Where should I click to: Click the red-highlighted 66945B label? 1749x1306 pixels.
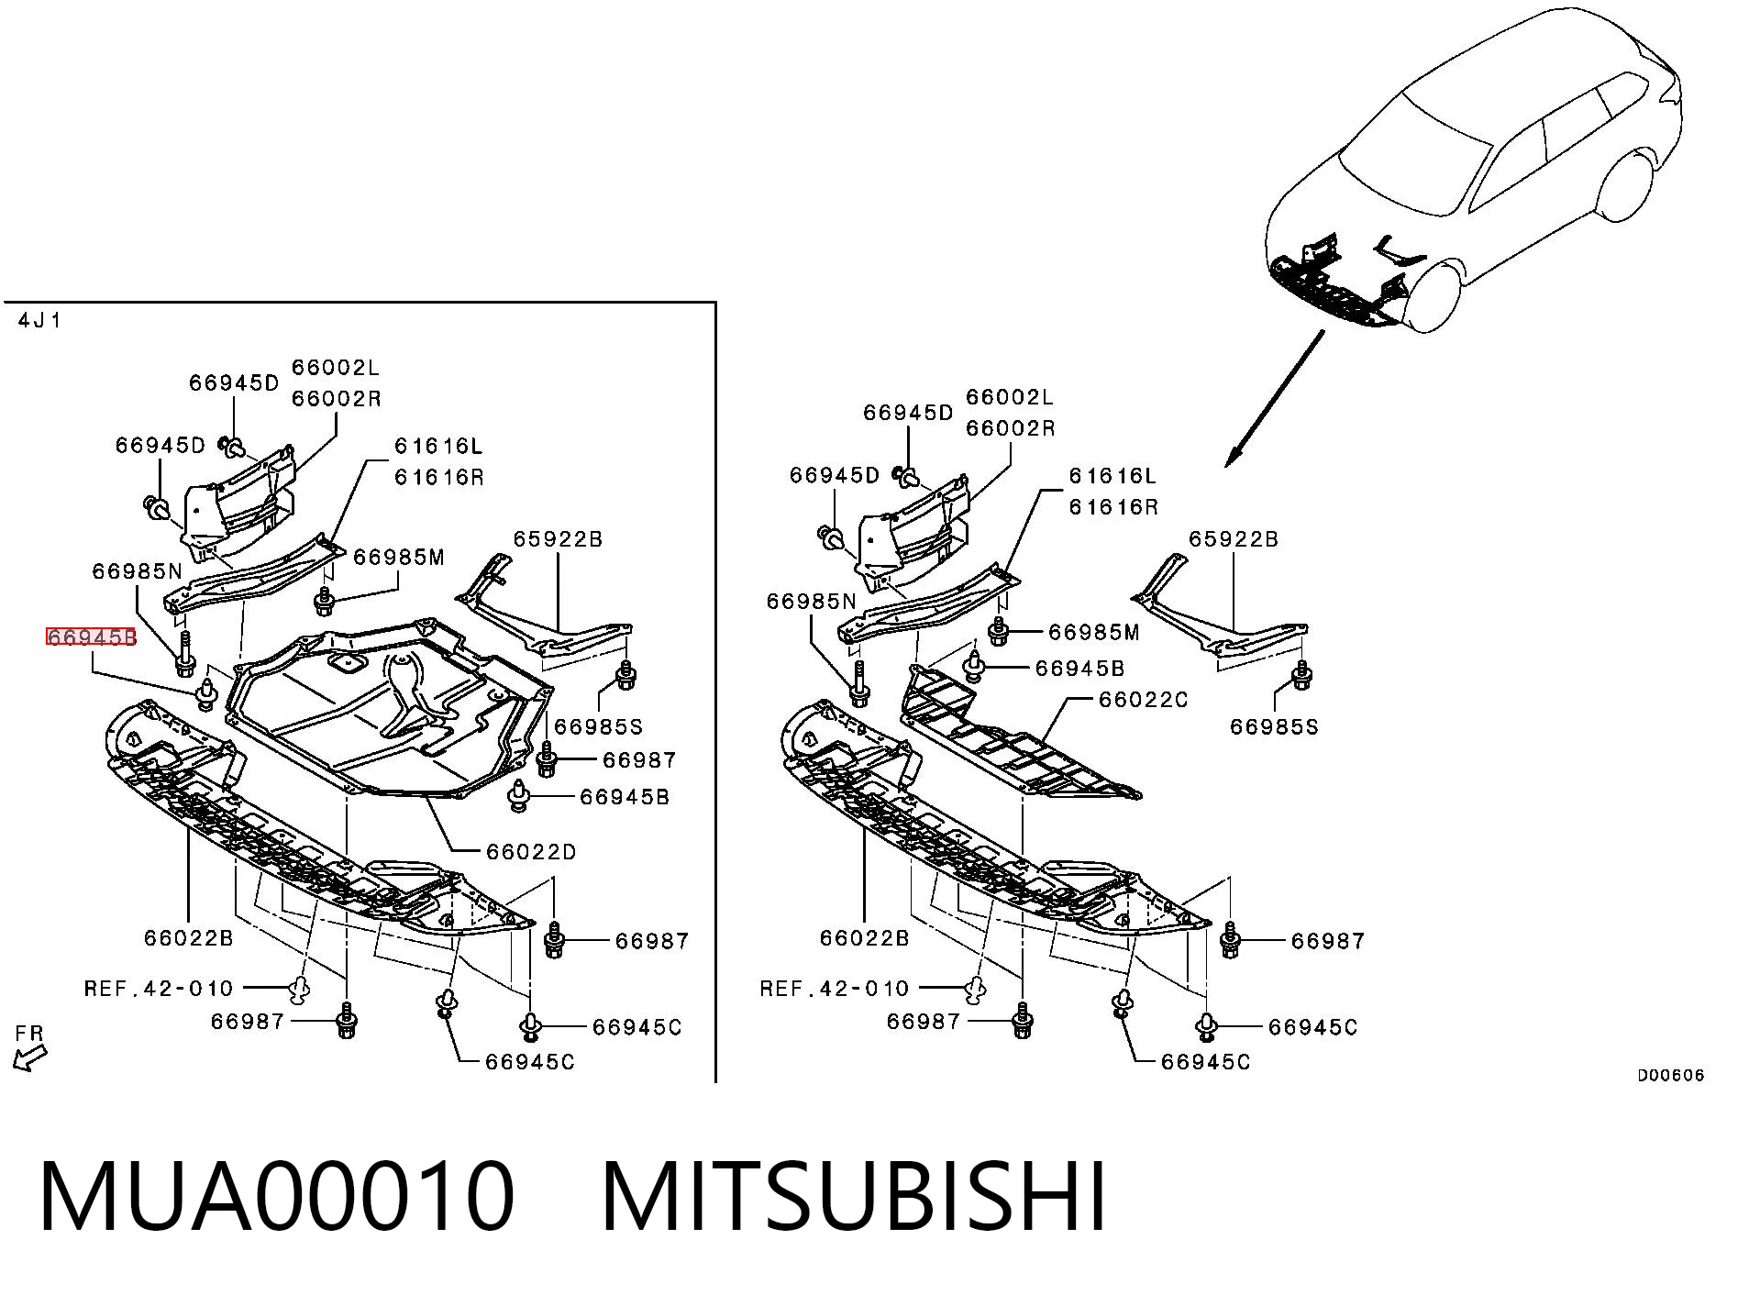[92, 636]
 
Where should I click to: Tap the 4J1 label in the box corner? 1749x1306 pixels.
[39, 321]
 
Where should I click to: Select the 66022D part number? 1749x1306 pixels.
[532, 852]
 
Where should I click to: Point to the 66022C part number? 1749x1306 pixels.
[1143, 700]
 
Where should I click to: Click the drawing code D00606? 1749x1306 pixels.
[1671, 1076]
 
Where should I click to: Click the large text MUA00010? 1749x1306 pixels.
[277, 1197]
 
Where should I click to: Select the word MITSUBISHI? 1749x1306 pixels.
[854, 1197]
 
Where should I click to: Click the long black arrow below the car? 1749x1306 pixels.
[1274, 399]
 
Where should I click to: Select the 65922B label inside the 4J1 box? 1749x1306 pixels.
[558, 539]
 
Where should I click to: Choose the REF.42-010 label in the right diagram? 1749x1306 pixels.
[835, 989]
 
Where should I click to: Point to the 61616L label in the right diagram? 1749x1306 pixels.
[1113, 476]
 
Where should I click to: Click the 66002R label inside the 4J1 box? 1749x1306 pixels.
[337, 399]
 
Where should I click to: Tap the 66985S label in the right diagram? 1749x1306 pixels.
[1274, 727]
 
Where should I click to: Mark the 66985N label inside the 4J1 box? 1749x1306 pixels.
[138, 571]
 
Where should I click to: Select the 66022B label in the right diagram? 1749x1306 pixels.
[865, 938]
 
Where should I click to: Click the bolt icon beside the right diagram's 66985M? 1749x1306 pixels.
[999, 631]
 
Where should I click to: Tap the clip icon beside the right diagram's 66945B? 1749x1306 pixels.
[974, 669]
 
